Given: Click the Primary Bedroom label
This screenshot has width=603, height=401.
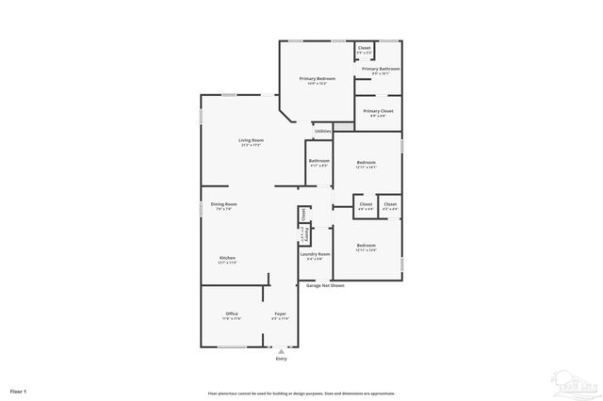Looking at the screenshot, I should (x=318, y=79).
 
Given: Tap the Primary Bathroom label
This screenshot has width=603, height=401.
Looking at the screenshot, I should (x=382, y=69).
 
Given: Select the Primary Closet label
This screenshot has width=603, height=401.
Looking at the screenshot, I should (x=378, y=111).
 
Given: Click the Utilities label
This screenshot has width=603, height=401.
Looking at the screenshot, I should (x=322, y=131).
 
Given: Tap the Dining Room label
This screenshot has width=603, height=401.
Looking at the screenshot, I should (x=223, y=205).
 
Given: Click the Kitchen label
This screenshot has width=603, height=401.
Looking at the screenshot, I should (x=227, y=259).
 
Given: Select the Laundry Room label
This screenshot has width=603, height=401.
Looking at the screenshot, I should (x=315, y=254).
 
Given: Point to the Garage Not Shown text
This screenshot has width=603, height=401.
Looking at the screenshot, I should (x=325, y=284).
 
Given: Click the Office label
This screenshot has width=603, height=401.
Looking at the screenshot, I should (x=232, y=313).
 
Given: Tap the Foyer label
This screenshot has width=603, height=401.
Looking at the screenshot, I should (x=280, y=313).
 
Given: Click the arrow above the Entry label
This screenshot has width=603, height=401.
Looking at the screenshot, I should (x=280, y=351).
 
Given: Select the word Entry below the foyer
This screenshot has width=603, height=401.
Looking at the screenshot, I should (x=280, y=360).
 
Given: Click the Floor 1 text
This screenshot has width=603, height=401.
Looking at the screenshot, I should (x=19, y=390).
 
